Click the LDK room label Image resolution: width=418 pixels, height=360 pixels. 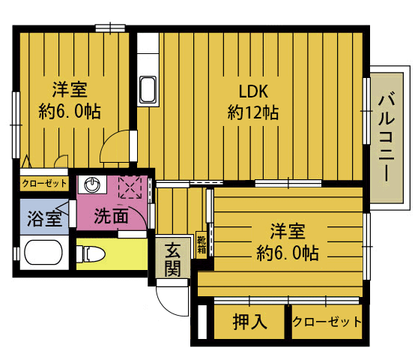point(253,91)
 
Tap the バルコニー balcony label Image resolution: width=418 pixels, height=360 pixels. point(387,136)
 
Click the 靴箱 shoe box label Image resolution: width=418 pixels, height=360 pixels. point(202,245)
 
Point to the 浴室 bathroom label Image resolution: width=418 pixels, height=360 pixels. point(44,218)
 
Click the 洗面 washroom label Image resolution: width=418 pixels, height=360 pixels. point(112,216)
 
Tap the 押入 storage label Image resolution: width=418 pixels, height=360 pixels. point(249,322)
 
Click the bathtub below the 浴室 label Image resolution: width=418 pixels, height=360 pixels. point(43,252)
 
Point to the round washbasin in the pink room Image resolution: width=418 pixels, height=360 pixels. point(92,184)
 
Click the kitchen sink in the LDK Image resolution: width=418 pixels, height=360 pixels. point(148,90)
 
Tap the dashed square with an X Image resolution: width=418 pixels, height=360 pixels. point(130,187)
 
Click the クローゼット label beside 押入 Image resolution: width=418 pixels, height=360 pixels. point(327,322)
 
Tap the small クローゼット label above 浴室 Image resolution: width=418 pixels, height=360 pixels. point(44,183)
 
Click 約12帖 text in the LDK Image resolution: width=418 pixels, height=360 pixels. point(253,112)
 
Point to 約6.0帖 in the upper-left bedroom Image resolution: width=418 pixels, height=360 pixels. point(70,112)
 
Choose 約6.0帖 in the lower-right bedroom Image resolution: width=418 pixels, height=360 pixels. point(288,253)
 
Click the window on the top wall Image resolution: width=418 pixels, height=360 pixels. point(110,28)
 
